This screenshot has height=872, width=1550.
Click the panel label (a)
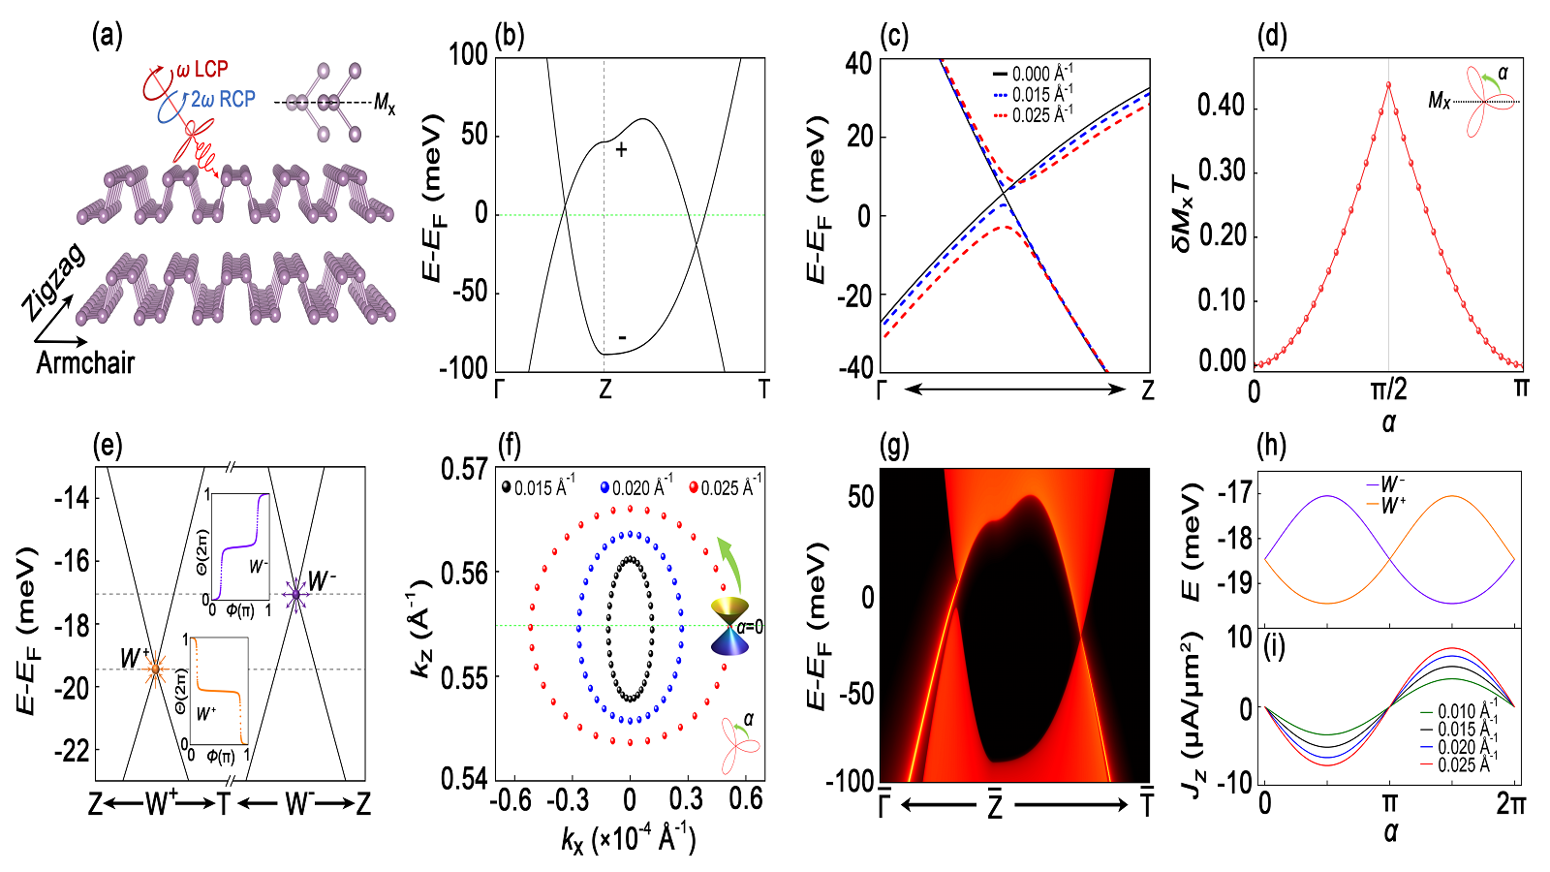[107, 37]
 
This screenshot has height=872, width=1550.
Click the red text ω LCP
[201, 70]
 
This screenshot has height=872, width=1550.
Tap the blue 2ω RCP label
[223, 99]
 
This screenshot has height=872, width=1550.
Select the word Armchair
[85, 363]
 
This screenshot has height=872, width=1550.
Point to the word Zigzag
[54, 283]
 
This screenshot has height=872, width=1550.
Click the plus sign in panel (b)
[621, 149]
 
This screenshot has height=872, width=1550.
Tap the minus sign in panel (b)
[622, 337]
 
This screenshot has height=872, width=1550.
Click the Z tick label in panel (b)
[605, 389]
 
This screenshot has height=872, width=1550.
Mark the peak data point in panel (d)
[1388, 84]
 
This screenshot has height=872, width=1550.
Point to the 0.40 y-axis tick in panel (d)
[1221, 105]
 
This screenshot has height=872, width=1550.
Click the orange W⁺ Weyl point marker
[155, 669]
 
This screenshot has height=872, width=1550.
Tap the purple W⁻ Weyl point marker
[296, 594]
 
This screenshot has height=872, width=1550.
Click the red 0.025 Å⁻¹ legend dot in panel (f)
[694, 487]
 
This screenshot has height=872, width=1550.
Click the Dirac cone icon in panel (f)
[728, 626]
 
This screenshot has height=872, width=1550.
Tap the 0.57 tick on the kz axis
[463, 470]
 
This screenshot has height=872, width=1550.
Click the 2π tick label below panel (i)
[1511, 802]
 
